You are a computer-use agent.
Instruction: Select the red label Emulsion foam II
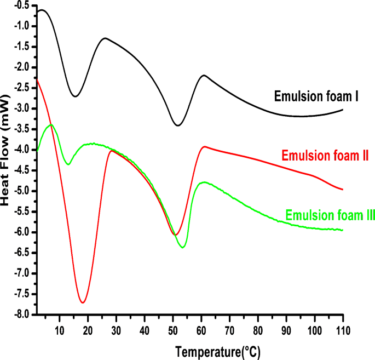pyautogui.click(x=325, y=156)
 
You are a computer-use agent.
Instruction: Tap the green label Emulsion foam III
pyautogui.click(x=330, y=215)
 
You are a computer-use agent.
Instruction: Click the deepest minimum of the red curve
pyautogui.click(x=82, y=302)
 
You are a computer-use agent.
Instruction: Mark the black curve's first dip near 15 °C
pyautogui.click(x=74, y=96)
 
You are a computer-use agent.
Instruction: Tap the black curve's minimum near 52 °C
pyautogui.click(x=177, y=125)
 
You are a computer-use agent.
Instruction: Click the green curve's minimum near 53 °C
pyautogui.click(x=182, y=248)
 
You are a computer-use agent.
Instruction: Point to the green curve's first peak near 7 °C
pyautogui.click(x=51, y=125)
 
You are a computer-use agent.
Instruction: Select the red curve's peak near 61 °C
pyautogui.click(x=204, y=147)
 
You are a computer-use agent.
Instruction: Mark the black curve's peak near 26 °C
pyautogui.click(x=105, y=38)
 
